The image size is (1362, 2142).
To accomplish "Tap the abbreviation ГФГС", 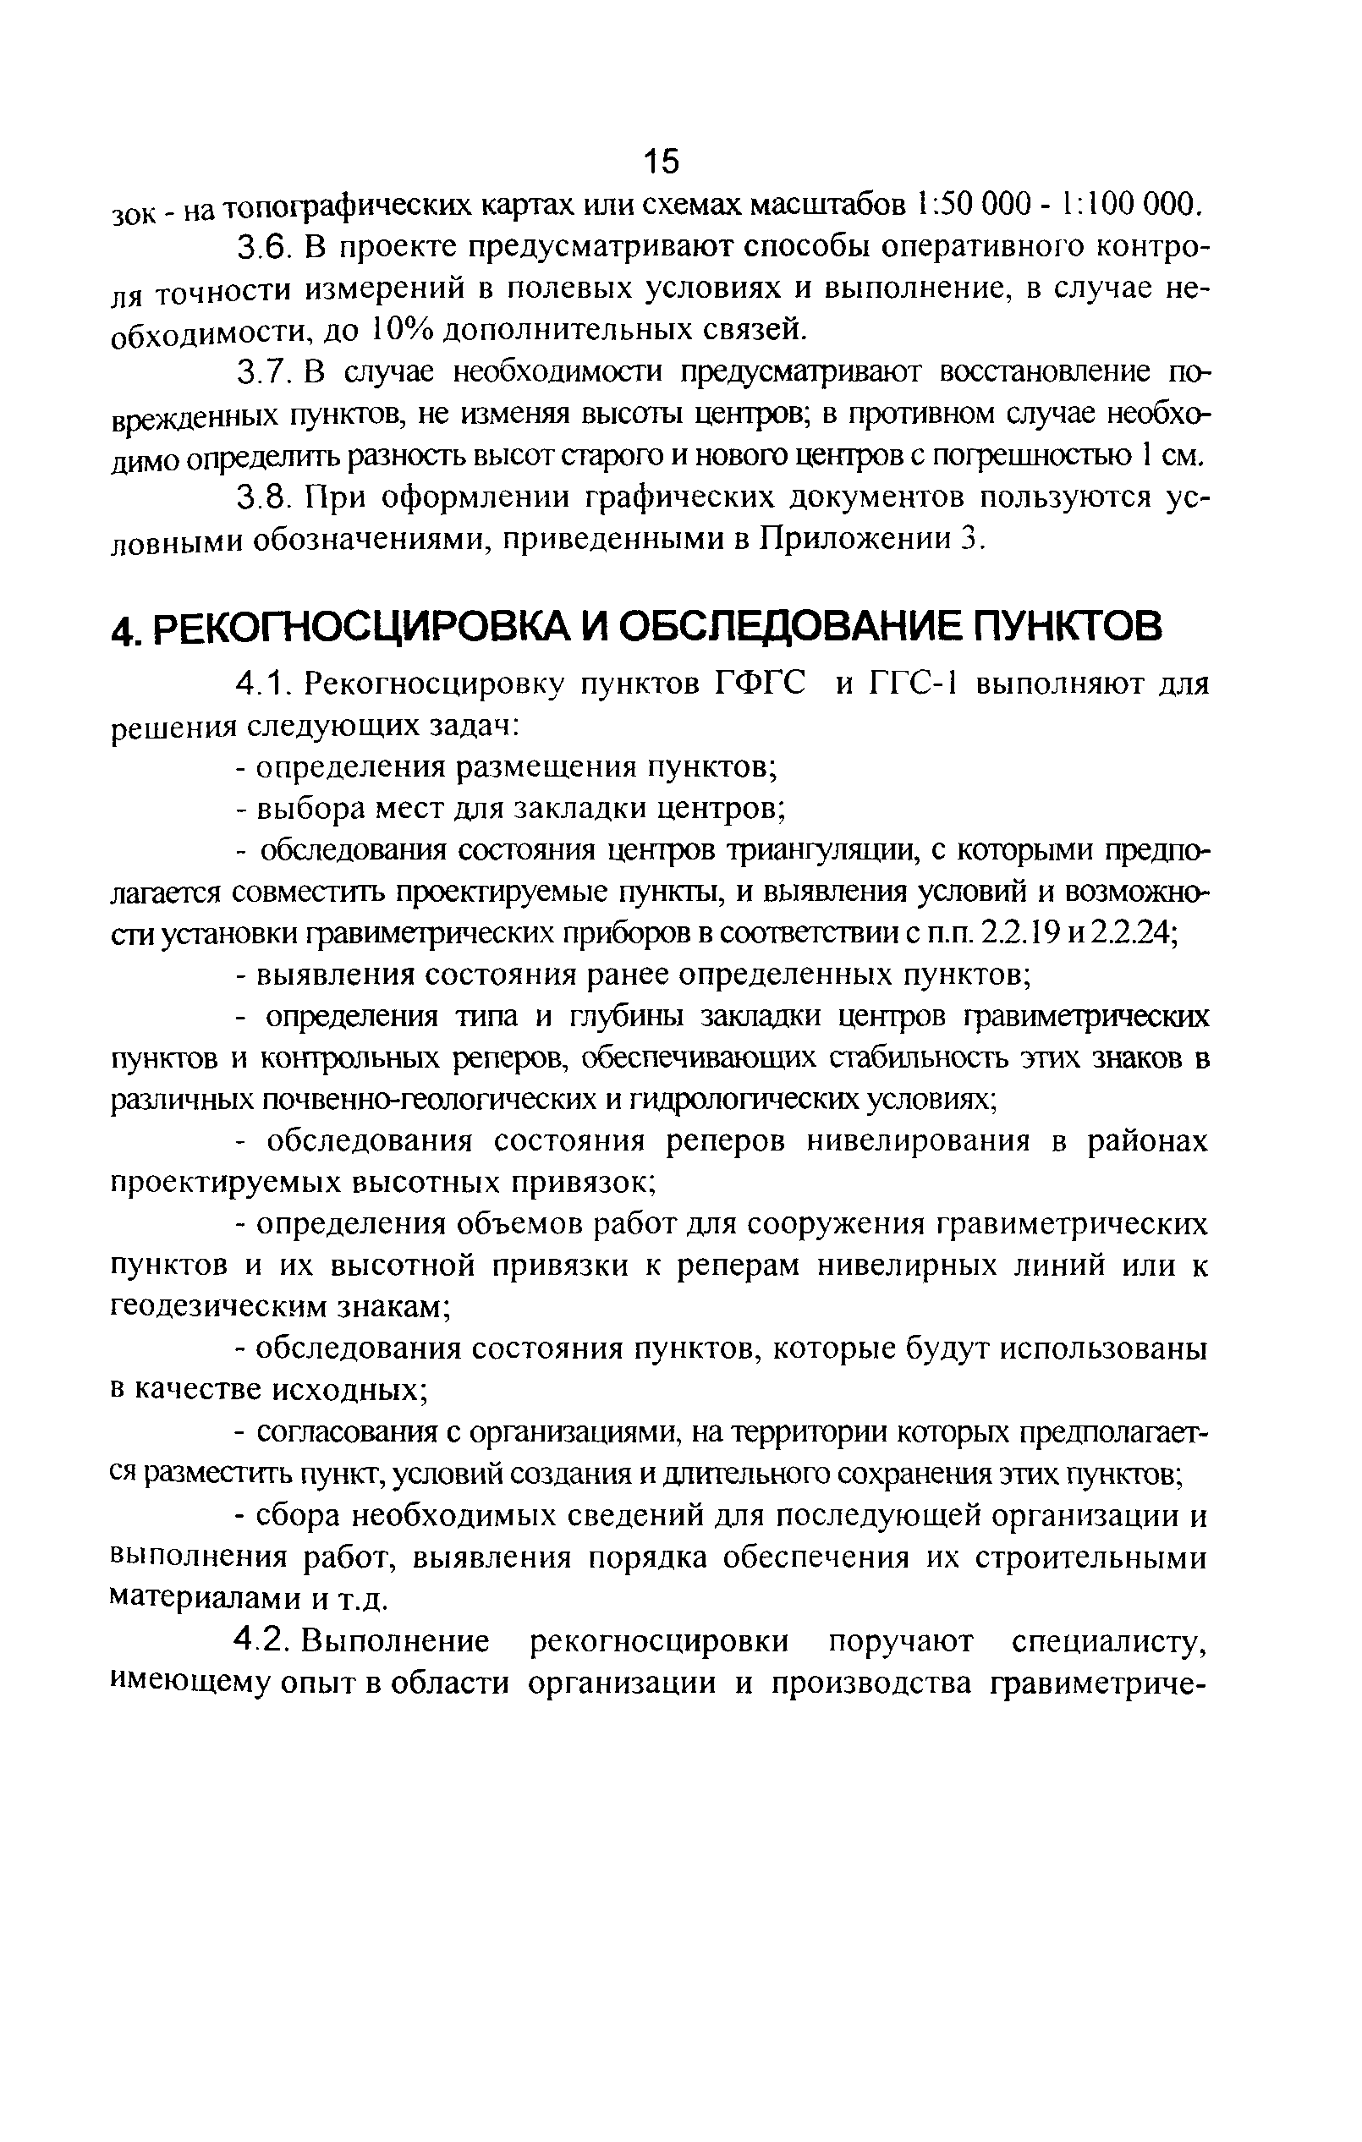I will pos(761,685).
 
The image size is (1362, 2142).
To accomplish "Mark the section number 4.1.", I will pos(260,685).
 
